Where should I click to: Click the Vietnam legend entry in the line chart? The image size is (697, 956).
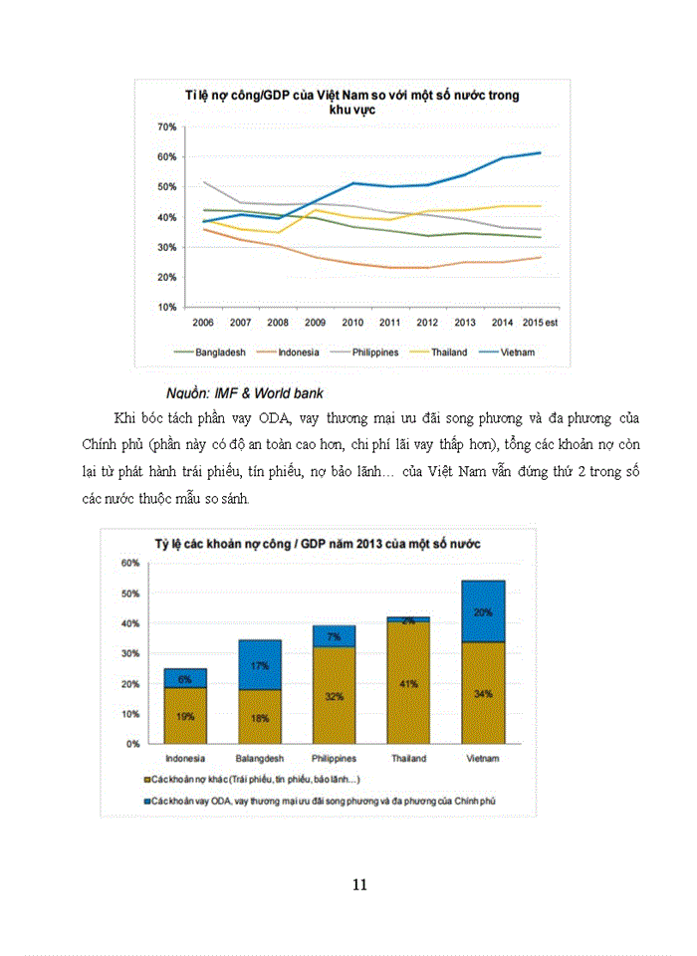click(517, 352)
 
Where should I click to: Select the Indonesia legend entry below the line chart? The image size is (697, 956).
click(294, 352)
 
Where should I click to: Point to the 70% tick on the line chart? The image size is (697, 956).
click(166, 127)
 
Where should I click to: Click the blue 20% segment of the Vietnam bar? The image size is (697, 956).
click(482, 611)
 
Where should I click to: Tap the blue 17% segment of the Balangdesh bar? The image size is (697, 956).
click(259, 665)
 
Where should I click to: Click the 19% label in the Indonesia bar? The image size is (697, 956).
click(185, 715)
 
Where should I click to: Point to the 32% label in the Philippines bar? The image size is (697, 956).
click(333, 696)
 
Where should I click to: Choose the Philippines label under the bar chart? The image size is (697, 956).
click(333, 759)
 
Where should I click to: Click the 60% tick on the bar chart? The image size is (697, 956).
click(130, 563)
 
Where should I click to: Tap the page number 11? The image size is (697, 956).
click(360, 883)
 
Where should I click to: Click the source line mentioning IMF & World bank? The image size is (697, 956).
click(244, 392)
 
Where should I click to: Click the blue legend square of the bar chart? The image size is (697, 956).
click(148, 800)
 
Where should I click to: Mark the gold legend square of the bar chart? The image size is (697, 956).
click(148, 779)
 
